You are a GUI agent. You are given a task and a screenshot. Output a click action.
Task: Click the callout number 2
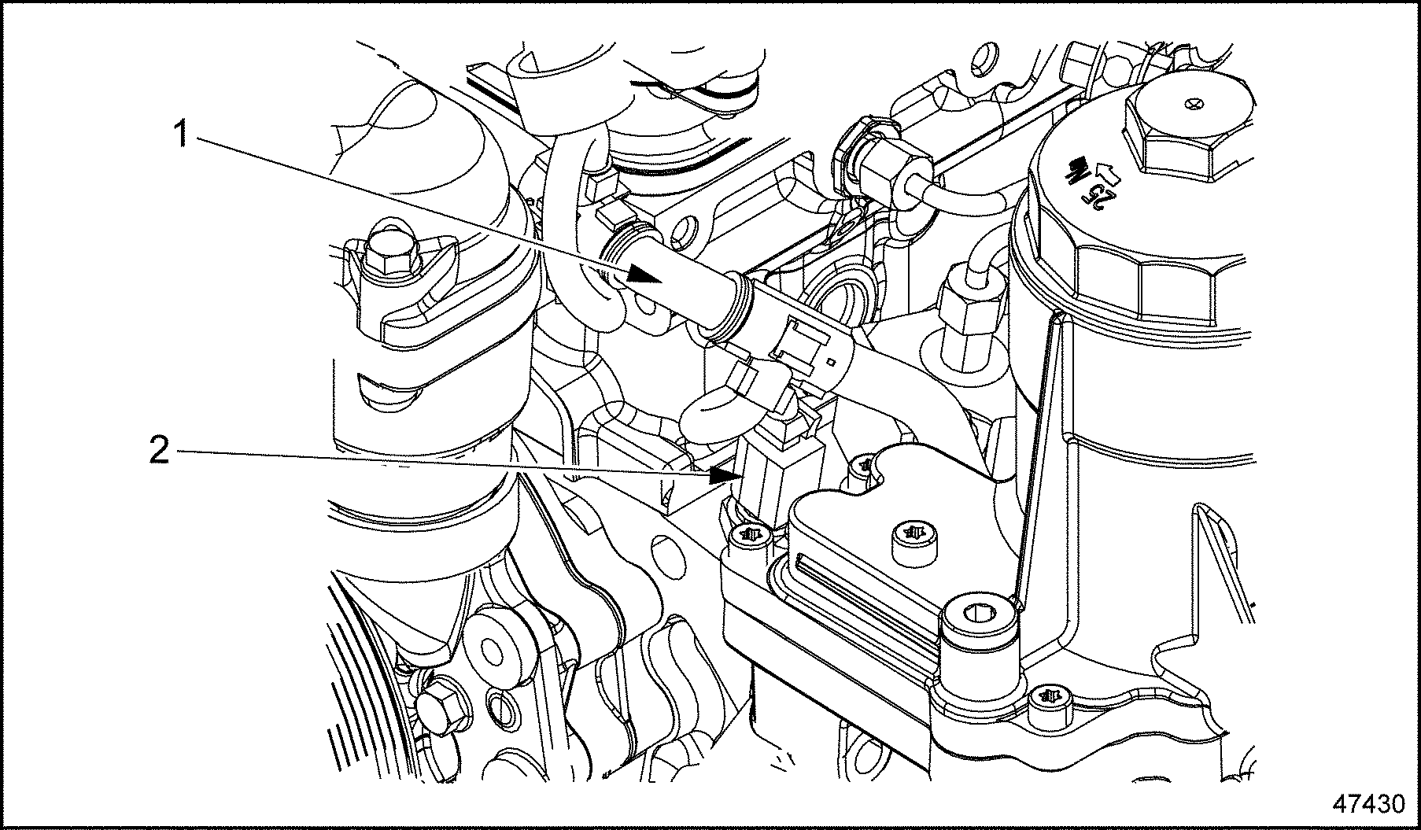click(160, 452)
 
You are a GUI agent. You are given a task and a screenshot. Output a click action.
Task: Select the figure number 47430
click(1368, 805)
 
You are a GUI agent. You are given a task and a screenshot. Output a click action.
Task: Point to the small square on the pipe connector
click(831, 363)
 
